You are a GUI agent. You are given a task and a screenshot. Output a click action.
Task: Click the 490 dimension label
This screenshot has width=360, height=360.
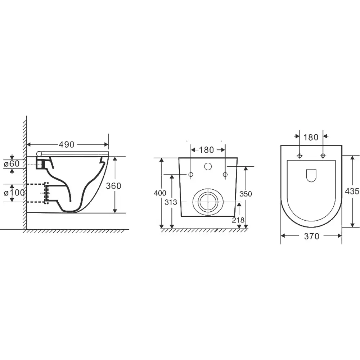(x=67, y=144)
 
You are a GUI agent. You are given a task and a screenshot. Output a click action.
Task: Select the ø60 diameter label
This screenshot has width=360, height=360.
(x=12, y=164)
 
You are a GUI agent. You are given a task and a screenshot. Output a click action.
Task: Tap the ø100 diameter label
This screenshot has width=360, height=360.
(x=14, y=193)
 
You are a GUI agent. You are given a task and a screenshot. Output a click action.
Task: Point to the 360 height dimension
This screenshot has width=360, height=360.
(x=113, y=186)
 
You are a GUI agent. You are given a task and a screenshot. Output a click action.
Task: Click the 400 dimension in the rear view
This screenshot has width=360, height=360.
(x=160, y=193)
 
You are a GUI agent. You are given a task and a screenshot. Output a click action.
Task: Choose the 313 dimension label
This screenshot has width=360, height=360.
(x=171, y=202)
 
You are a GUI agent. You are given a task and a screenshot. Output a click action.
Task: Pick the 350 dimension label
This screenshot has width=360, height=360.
(x=246, y=194)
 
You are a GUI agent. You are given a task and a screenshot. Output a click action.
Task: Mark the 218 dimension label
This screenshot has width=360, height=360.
(x=238, y=220)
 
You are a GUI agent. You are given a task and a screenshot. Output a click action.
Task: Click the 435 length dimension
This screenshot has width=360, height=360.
(x=352, y=191)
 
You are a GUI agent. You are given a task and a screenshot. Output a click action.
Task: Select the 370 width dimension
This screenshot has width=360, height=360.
(x=311, y=236)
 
